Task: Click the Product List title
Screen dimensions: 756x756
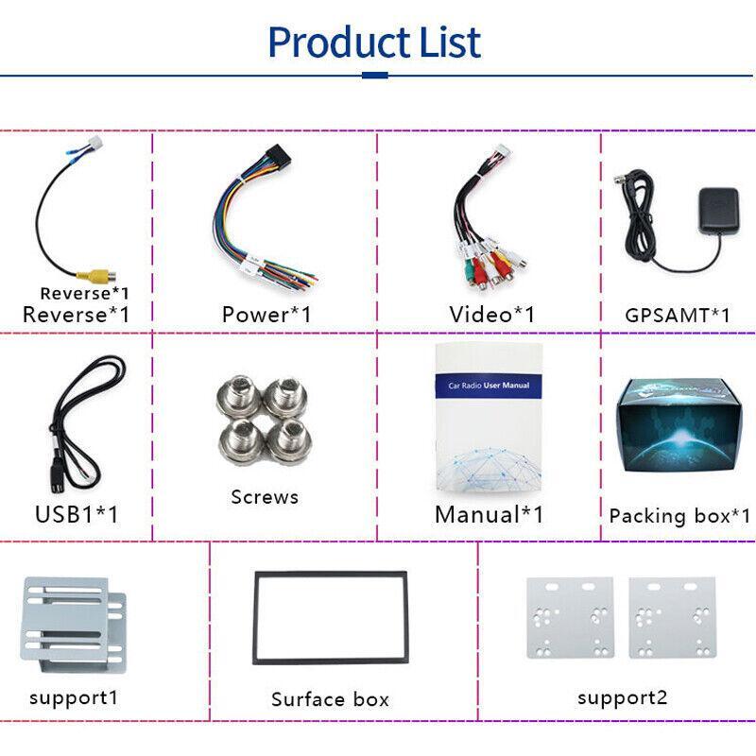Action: coord(375,43)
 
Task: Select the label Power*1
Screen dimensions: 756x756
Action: coord(266,314)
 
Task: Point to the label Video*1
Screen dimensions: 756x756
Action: coord(491,314)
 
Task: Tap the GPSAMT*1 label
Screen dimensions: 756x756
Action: coord(678,315)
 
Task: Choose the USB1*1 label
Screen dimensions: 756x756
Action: coord(77,514)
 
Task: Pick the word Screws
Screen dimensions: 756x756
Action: coord(265,496)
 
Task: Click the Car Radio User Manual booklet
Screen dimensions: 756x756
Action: coord(488,425)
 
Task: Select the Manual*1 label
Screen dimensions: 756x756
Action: coord(489,514)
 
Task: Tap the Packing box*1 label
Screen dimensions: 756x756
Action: coord(679,515)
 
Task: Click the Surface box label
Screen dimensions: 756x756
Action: coord(330,699)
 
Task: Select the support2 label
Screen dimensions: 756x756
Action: coord(622,697)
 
